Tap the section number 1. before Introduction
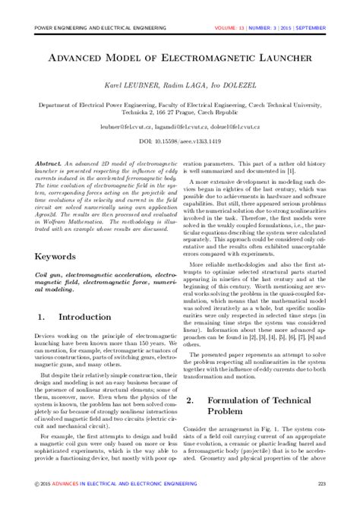click(x=42, y=315)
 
